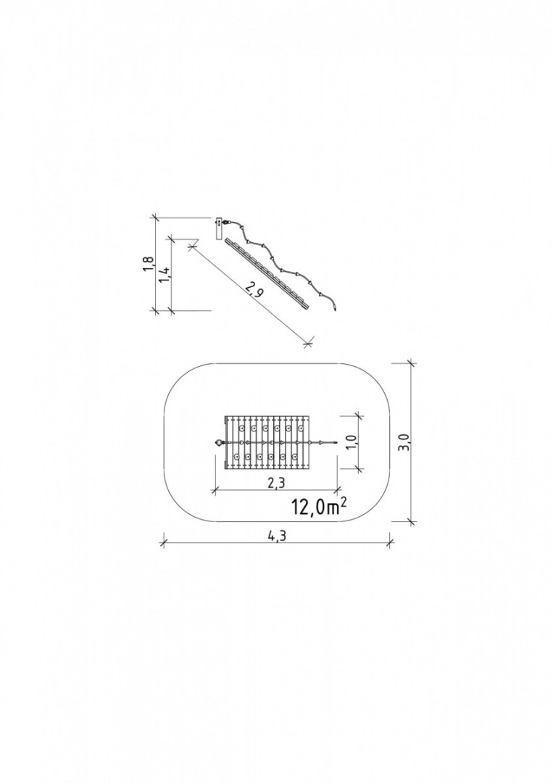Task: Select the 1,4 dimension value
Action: (165, 273)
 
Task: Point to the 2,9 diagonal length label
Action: (254, 291)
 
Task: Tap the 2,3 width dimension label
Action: (275, 484)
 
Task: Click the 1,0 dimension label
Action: (352, 442)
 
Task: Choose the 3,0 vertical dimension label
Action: (404, 442)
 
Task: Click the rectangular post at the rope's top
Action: (219, 228)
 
